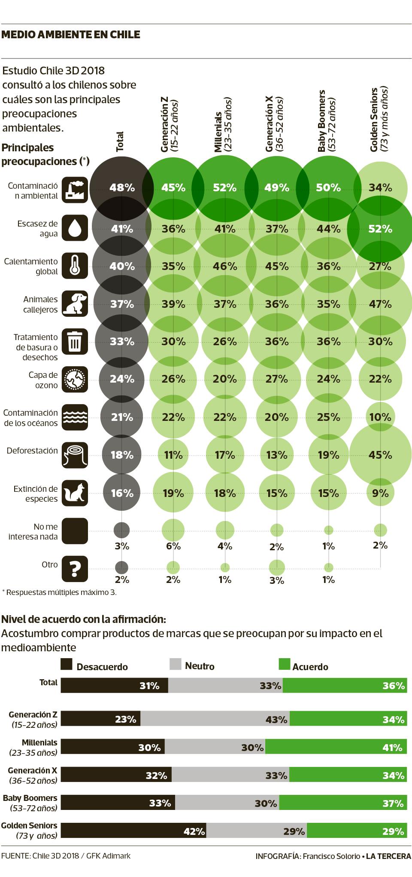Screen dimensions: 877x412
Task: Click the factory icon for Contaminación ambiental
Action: (75, 190)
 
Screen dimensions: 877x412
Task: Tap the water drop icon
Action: (75, 227)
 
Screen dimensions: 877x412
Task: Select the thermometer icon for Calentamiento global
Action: (75, 265)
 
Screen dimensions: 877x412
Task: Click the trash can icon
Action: (75, 341)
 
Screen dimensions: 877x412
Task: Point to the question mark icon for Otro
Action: (75, 569)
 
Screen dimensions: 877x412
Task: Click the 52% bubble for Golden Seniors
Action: (380, 229)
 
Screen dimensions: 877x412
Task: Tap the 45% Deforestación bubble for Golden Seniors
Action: (380, 454)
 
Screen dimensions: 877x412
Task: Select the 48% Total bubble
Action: (122, 187)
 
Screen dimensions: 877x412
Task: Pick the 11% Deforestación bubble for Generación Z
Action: (173, 454)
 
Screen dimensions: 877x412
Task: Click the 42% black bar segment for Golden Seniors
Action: (133, 831)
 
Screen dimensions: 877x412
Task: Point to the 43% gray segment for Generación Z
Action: (215, 719)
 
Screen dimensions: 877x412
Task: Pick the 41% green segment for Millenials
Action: (335, 747)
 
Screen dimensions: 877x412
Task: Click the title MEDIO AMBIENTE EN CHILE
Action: (71, 34)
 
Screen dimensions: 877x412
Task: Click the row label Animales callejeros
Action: (31, 304)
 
